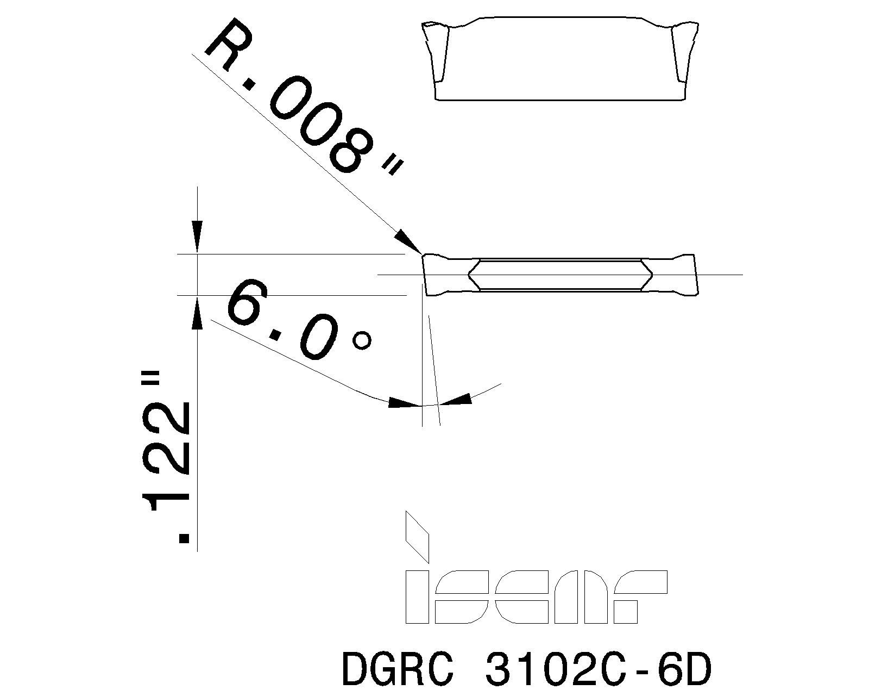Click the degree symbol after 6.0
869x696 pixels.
click(x=362, y=340)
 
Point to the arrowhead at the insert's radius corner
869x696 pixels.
click(x=406, y=239)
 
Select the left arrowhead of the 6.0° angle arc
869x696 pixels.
click(x=404, y=403)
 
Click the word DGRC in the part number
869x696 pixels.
click(x=398, y=669)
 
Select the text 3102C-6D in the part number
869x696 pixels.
click(x=597, y=669)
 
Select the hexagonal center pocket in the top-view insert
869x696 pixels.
click(x=560, y=275)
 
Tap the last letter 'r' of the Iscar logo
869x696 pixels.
click(x=641, y=597)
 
